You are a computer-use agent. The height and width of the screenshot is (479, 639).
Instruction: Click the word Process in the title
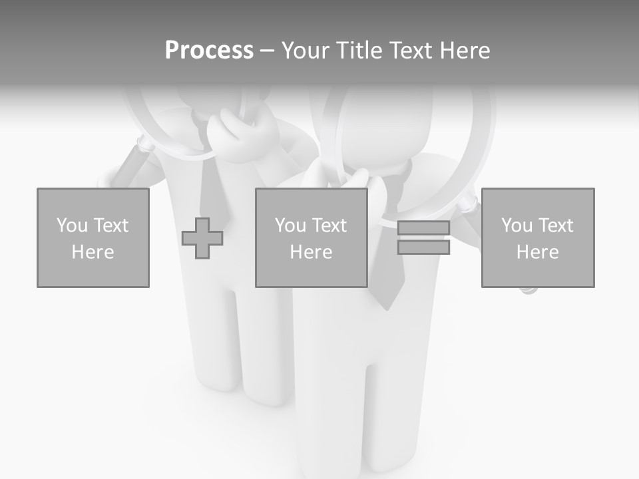click(x=209, y=51)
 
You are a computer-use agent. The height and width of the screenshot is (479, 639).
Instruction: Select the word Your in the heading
click(x=306, y=51)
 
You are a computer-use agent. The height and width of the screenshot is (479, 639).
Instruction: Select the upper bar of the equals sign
click(x=423, y=228)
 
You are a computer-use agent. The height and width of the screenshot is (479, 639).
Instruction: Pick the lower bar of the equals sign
click(x=423, y=247)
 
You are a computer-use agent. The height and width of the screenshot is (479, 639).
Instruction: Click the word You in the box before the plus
click(x=72, y=226)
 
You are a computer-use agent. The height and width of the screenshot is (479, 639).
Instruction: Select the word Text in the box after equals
click(x=556, y=226)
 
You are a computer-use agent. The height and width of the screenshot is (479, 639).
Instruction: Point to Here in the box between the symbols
click(x=311, y=252)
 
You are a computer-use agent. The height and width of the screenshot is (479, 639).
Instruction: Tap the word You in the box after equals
click(x=517, y=226)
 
